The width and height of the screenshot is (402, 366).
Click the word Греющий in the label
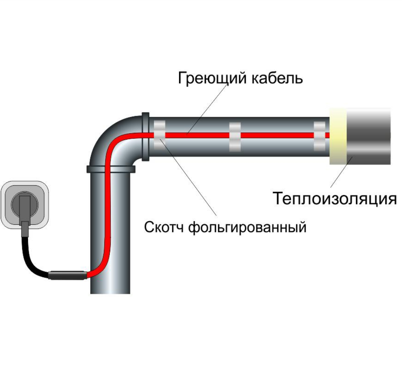pyautogui.click(x=211, y=78)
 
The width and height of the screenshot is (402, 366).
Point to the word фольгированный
pyautogui.click(x=247, y=227)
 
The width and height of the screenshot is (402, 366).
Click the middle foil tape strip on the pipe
pyautogui.click(x=235, y=135)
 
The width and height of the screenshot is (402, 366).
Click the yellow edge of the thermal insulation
pyautogui.click(x=337, y=136)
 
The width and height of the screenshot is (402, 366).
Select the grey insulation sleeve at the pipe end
pyautogui.click(x=368, y=136)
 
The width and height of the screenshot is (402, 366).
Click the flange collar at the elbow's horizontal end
pyautogui.click(x=145, y=136)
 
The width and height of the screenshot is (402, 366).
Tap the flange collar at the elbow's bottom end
pyautogui.click(x=111, y=169)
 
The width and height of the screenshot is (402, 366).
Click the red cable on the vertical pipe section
pyautogui.click(x=107, y=216)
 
